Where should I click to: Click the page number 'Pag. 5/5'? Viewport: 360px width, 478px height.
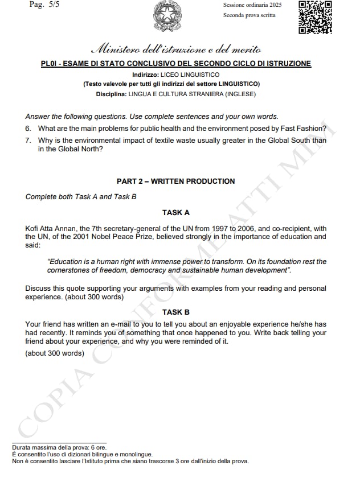tap(43, 5)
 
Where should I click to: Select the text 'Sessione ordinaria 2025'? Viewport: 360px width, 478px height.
tap(252, 5)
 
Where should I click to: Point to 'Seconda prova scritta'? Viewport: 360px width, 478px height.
tap(249, 15)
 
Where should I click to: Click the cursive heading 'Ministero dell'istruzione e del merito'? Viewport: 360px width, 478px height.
tap(176, 49)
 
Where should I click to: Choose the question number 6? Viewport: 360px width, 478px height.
tap(28, 129)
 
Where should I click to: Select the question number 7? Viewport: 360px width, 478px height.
tap(28, 140)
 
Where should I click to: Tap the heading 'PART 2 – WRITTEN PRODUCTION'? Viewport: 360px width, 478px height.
tap(175, 182)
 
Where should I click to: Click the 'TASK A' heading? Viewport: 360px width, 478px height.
tap(176, 213)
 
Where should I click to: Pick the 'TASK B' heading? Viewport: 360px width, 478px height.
tap(176, 312)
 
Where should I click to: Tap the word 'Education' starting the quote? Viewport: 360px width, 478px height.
tap(67, 262)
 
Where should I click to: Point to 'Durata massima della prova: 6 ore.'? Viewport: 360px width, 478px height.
tap(59, 448)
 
